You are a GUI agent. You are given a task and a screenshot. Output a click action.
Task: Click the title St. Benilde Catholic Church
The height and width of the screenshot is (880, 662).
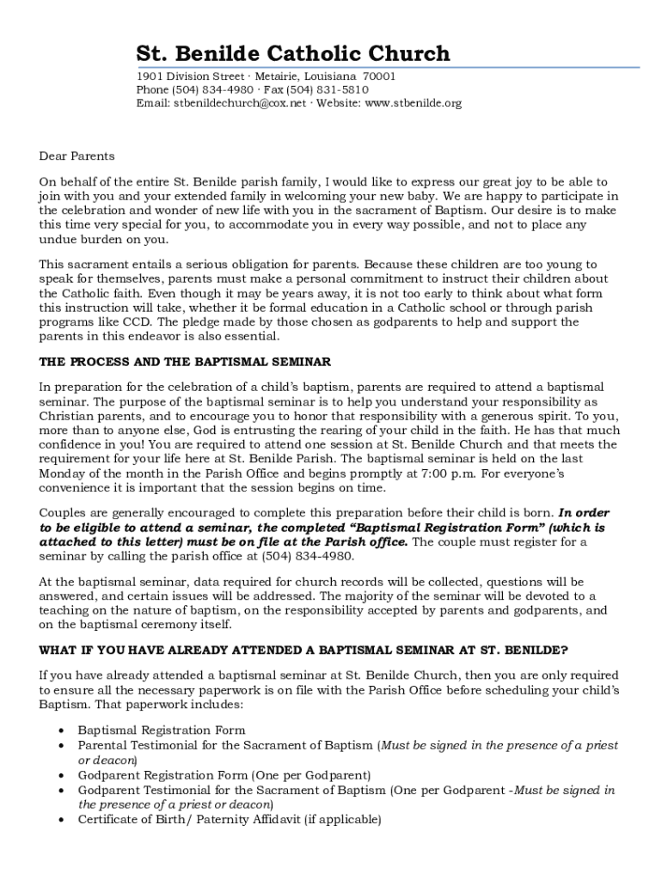pos(293,53)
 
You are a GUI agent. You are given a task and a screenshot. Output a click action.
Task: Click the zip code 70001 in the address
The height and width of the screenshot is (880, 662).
pos(379,76)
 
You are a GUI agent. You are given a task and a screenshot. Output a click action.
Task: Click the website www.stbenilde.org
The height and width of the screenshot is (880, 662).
pos(414,103)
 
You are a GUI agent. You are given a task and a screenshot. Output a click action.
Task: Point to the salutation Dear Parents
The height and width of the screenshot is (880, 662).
pos(77,156)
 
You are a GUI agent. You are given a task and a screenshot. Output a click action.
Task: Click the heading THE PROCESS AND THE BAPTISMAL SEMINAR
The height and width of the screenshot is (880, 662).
pos(185,362)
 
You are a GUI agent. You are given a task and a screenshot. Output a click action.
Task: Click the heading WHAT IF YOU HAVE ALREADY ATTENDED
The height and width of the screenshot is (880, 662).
pos(303,649)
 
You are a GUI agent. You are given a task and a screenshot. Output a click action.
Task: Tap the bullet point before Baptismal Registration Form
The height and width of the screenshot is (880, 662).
pos(61,730)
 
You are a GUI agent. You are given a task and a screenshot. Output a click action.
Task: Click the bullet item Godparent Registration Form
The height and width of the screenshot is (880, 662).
pos(224,775)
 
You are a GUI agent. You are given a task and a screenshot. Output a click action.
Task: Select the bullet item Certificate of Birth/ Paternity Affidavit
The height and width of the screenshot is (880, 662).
pos(229,820)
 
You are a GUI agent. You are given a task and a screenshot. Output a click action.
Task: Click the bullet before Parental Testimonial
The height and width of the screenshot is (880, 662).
pos(61,746)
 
